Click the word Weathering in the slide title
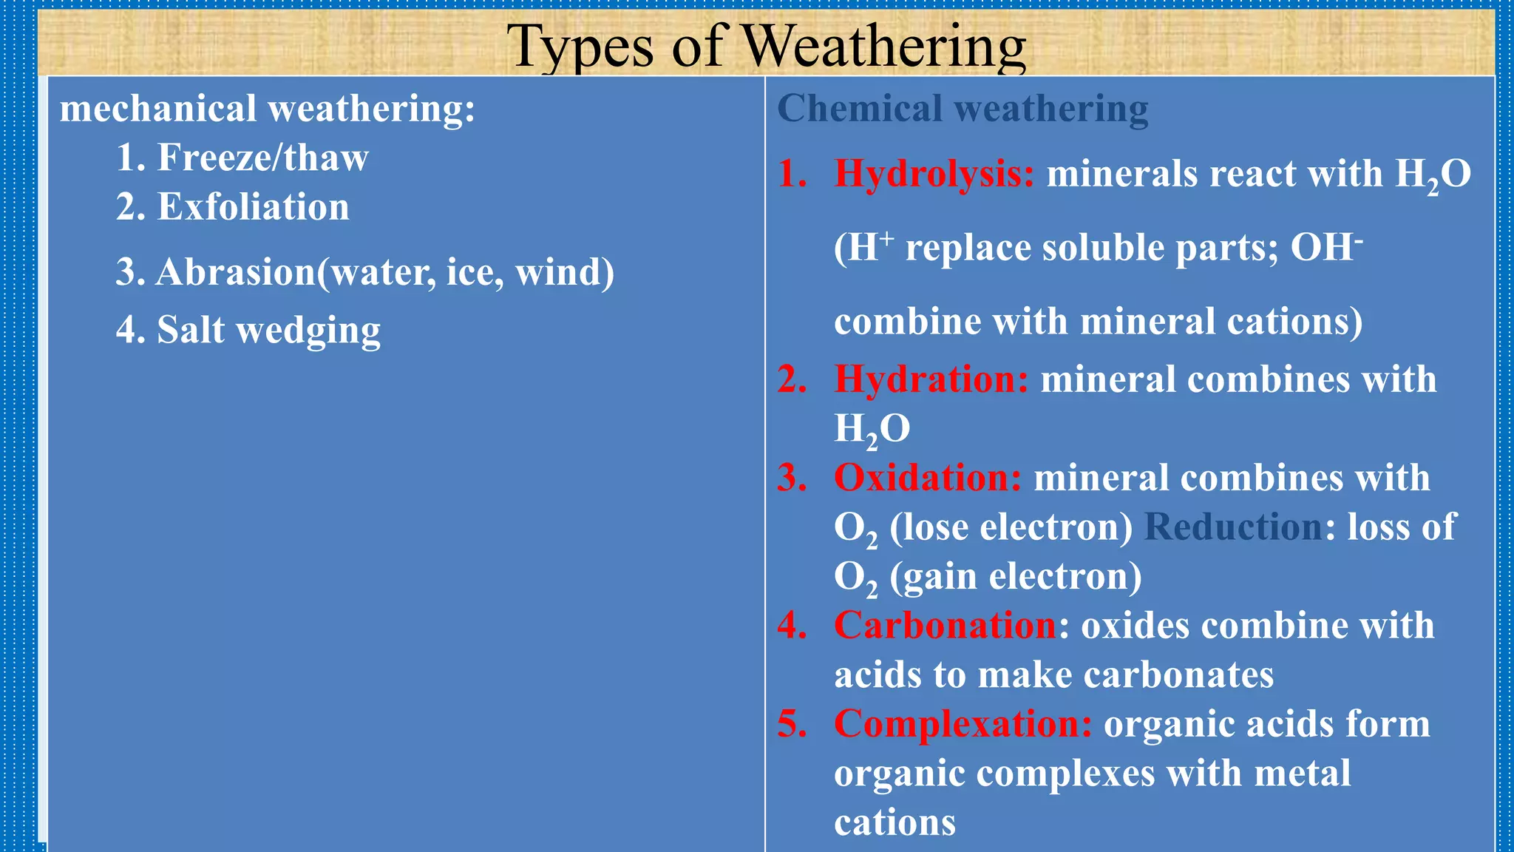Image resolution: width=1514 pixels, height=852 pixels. [884, 46]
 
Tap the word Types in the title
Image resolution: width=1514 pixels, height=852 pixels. [580, 46]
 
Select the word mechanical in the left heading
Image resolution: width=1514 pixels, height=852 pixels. [157, 109]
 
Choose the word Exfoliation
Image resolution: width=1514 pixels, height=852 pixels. [253, 206]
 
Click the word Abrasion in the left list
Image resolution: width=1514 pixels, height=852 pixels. [236, 272]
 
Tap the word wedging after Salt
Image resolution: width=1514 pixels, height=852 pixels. [308, 330]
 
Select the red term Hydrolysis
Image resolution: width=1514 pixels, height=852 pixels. [934, 174]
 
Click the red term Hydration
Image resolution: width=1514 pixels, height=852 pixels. [931, 379]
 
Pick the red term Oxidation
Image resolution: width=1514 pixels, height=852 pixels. [927, 478]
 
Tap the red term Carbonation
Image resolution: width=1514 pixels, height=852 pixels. [946, 626]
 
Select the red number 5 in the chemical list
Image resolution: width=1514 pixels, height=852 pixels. [791, 724]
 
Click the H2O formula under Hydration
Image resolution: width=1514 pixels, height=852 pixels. [872, 429]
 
